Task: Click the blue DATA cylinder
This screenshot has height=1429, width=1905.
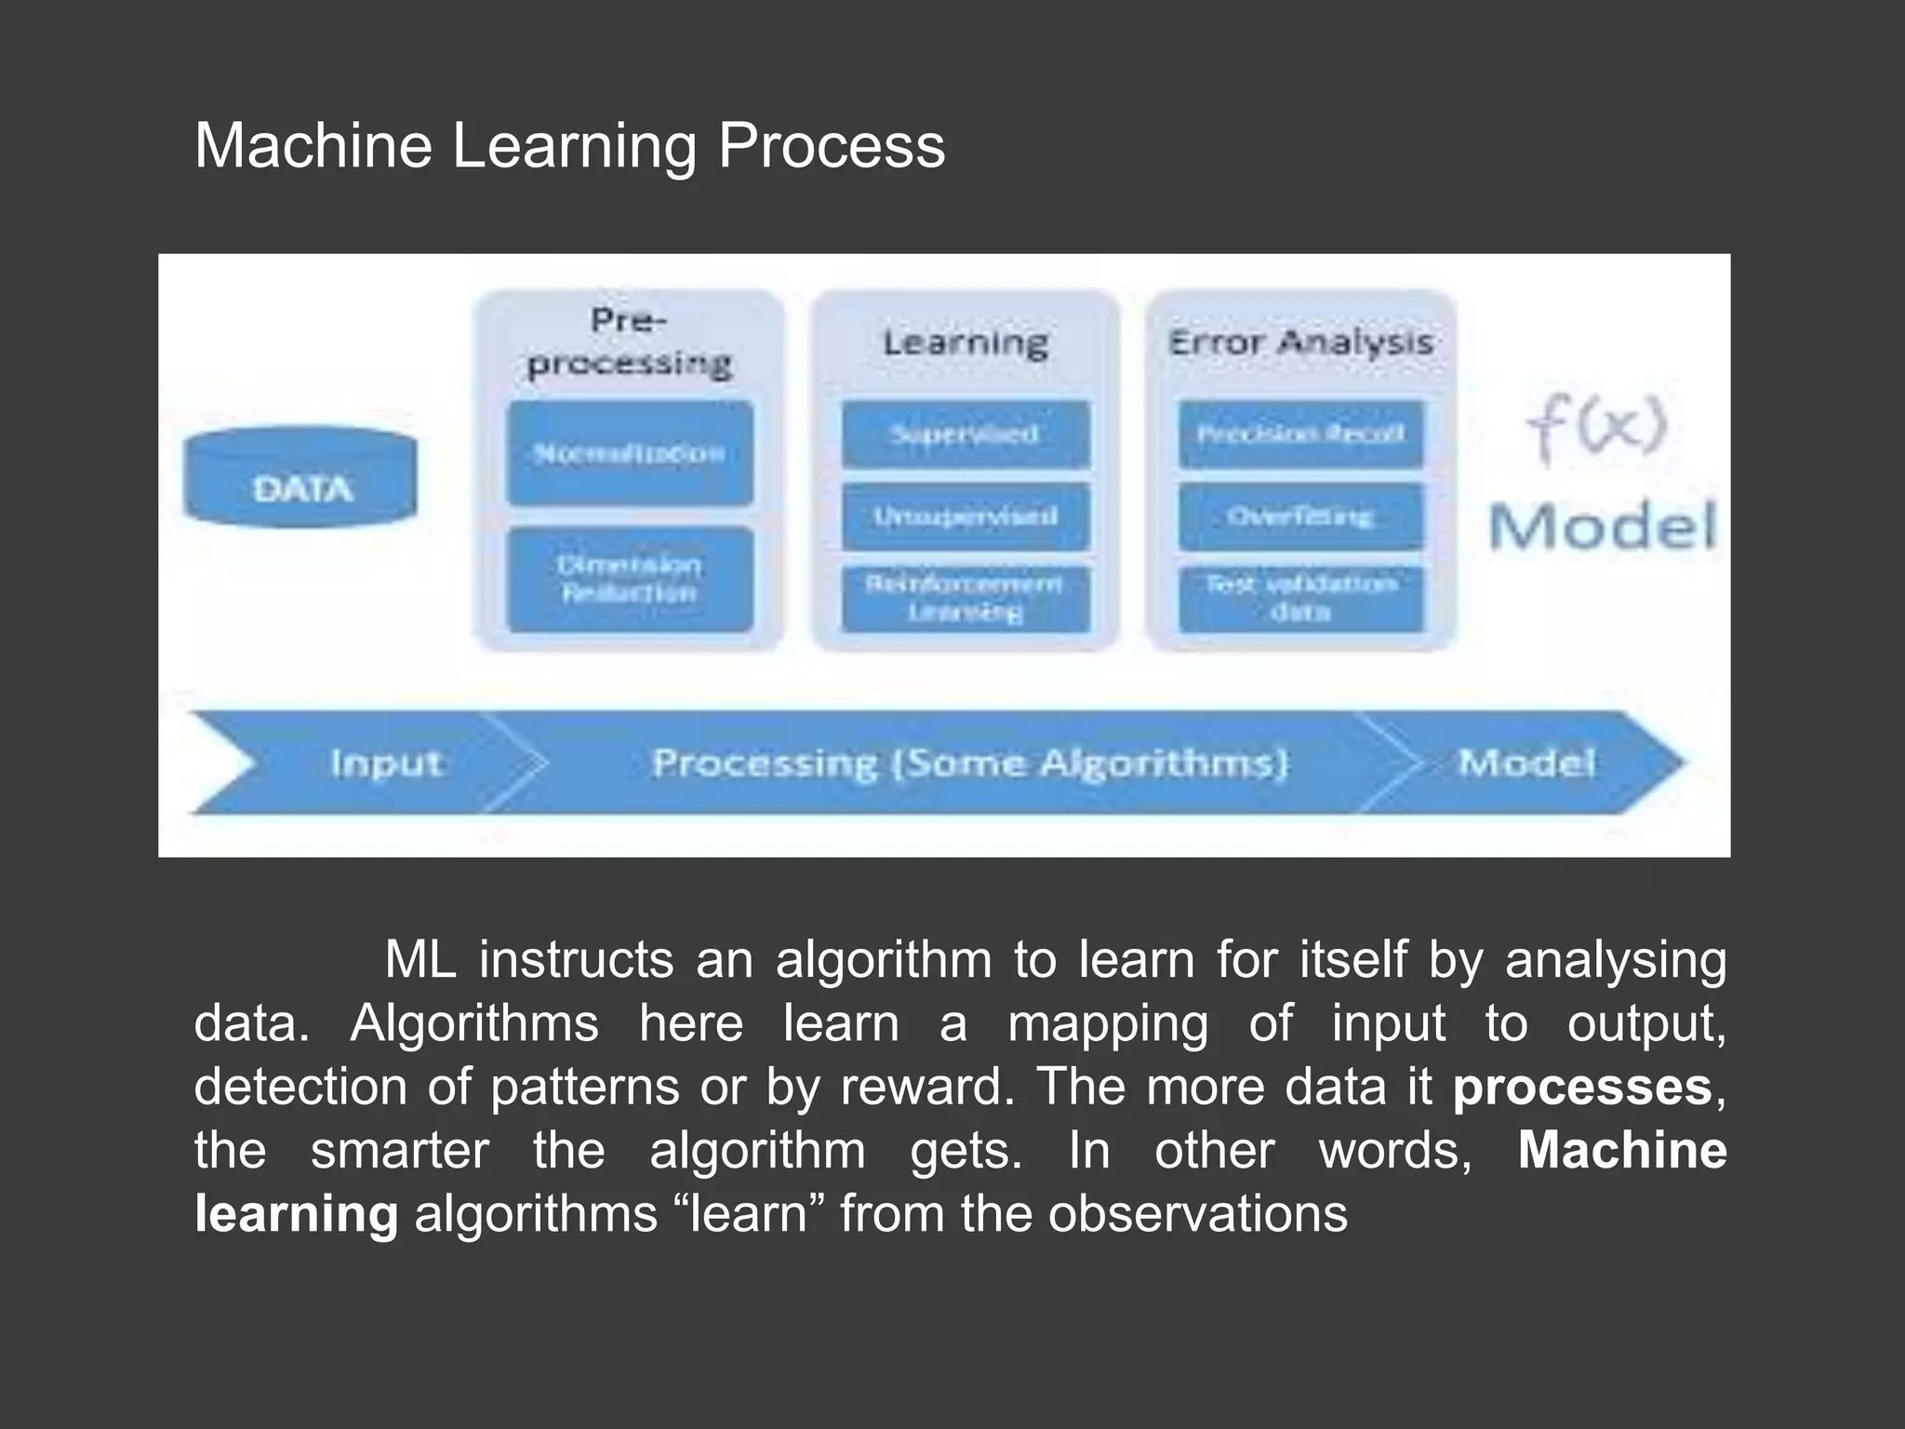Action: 300,478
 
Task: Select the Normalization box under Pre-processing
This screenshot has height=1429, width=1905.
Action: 630,453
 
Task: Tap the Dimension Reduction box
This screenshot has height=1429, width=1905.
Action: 630,580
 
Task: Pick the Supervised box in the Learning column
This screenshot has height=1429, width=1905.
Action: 966,434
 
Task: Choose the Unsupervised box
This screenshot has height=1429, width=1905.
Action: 966,516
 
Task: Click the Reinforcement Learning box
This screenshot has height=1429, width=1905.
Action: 966,598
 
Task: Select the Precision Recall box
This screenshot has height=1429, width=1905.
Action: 1300,434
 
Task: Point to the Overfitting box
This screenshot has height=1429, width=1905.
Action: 1300,516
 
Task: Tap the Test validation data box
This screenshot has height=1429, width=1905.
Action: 1300,598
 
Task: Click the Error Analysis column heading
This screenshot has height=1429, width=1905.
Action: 1300,343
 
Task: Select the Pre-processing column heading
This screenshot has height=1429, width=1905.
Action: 630,342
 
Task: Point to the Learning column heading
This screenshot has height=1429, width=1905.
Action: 966,343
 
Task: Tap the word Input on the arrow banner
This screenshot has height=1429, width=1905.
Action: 386,764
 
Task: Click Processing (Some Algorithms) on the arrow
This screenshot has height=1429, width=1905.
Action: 970,764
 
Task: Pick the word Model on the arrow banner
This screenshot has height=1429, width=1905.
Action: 1525,764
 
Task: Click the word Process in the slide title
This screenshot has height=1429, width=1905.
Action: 831,146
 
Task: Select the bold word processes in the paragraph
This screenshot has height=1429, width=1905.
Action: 1581,1087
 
